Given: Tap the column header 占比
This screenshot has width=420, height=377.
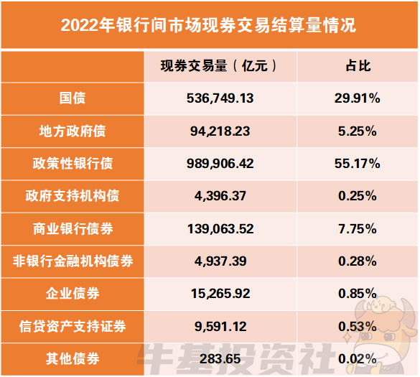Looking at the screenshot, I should pyautogui.click(x=357, y=66).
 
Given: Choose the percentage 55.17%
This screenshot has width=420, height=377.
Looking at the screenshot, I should pyautogui.click(x=357, y=164).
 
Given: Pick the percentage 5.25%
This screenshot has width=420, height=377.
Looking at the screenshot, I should pyautogui.click(x=357, y=131).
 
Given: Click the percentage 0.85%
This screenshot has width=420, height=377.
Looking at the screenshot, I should pyautogui.click(x=357, y=294).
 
